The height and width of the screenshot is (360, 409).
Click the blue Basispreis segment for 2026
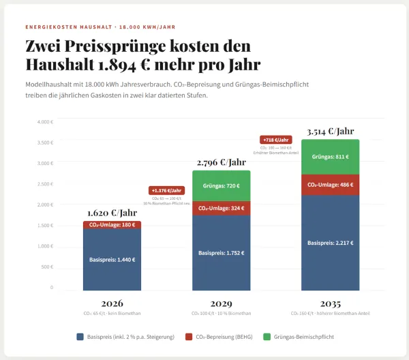tap(112, 259)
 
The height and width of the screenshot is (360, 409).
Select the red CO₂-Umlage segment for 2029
tap(221, 208)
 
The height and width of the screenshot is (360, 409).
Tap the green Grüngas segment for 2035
tap(330, 157)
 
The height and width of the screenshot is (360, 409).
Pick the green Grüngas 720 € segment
tap(221, 185)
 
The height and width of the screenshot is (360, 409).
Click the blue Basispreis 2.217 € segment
tap(330, 242)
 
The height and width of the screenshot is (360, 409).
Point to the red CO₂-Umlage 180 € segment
tap(112, 225)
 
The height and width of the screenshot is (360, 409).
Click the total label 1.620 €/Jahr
tap(112, 213)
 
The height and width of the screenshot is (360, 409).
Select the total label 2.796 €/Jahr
tap(221, 162)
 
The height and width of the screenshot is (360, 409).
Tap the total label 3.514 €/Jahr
tap(331, 132)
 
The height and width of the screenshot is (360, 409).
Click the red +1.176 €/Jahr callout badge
tap(166, 190)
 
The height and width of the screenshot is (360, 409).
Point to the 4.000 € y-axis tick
tap(45, 122)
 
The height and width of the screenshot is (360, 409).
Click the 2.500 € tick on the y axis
tap(45, 184)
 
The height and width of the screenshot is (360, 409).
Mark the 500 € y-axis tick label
tap(47, 267)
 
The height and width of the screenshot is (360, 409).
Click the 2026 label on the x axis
tap(112, 303)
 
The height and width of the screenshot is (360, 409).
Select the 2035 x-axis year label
tap(330, 303)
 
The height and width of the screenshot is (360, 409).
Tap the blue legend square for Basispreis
tap(80, 337)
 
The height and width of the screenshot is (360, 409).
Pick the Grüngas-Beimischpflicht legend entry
tap(304, 337)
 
